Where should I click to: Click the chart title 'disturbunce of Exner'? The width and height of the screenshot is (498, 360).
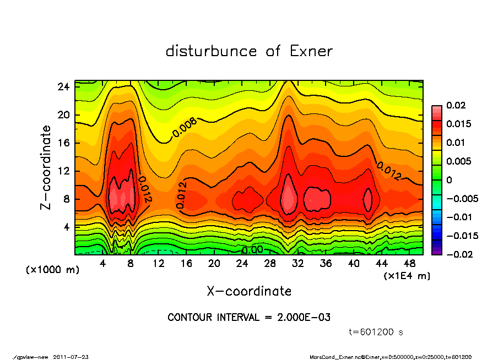pyautogui.click(x=249, y=51)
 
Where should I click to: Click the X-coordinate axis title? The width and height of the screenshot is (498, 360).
pyautogui.click(x=249, y=291)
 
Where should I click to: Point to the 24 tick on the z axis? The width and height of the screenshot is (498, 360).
pyautogui.click(x=64, y=86)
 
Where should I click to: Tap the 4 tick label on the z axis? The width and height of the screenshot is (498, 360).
pyautogui.click(x=67, y=226)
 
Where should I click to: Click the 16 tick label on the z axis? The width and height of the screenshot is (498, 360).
pyautogui.click(x=64, y=143)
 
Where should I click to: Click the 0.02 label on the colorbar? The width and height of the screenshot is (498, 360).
pyautogui.click(x=456, y=105)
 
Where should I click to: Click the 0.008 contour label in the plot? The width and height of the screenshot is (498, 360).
pyautogui.click(x=185, y=128)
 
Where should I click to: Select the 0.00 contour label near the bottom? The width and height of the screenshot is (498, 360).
pyautogui.click(x=252, y=250)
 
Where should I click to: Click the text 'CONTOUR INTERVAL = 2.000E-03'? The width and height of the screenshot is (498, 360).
pyautogui.click(x=249, y=318)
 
